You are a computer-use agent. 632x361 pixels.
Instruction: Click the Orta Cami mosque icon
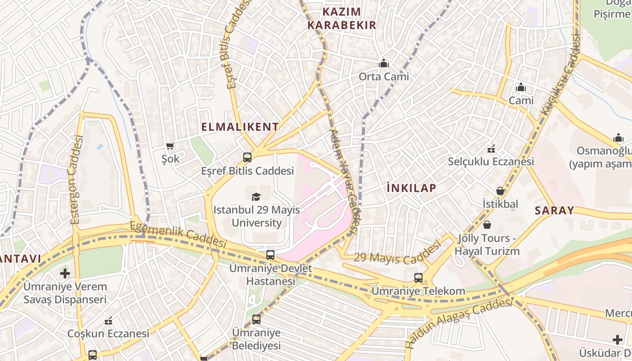tap(384, 63)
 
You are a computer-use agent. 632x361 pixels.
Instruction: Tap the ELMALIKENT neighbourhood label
tap(240, 127)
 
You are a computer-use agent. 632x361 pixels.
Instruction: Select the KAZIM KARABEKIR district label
tap(342, 19)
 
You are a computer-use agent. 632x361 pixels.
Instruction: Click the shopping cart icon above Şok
tap(170, 146)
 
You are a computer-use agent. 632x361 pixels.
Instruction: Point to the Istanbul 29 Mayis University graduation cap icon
tap(256, 197)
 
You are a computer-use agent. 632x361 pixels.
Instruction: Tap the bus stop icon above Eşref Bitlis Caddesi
tap(247, 157)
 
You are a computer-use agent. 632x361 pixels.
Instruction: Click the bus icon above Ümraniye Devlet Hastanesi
tap(270, 255)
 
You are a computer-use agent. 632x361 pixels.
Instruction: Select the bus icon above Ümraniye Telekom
tap(418, 278)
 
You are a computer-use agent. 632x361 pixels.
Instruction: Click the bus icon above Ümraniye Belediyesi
tap(256, 319)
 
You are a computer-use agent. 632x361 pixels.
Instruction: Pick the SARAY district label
tap(554, 210)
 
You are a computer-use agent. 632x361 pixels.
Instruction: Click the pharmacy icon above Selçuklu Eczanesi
tap(491, 148)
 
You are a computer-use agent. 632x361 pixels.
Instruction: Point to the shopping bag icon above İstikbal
tap(500, 191)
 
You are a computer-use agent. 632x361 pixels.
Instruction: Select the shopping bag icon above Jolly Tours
tap(487, 225)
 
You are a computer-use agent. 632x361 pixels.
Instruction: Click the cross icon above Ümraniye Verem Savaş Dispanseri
tap(65, 273)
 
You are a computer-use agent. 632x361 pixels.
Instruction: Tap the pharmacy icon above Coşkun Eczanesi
tap(108, 321)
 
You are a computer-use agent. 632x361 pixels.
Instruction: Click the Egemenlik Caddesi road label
tap(178, 234)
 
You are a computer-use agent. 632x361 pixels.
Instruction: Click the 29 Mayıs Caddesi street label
tap(397, 254)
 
